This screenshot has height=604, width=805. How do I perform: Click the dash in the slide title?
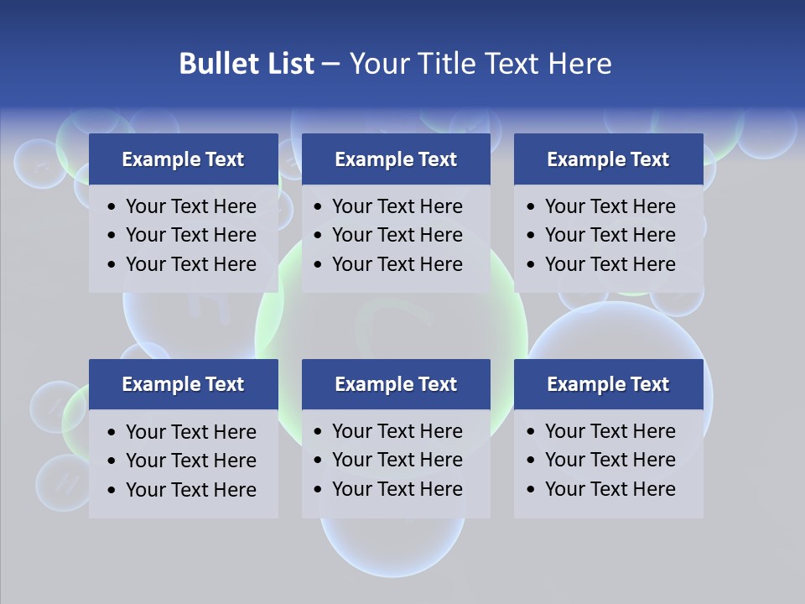pyautogui.click(x=330, y=64)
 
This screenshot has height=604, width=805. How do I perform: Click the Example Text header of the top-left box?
pyautogui.click(x=183, y=159)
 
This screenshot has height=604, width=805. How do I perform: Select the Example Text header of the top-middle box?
pyautogui.click(x=396, y=159)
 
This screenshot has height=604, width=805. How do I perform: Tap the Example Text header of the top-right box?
pyautogui.click(x=608, y=159)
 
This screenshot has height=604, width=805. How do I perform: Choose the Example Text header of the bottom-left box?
pyautogui.click(x=183, y=384)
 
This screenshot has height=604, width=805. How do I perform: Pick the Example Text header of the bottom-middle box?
pyautogui.click(x=396, y=384)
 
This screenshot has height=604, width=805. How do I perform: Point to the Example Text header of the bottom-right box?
pyautogui.click(x=608, y=384)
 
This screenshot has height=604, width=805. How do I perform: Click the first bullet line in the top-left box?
pyautogui.click(x=191, y=206)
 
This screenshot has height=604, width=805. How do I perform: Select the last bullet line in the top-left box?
pyautogui.click(x=191, y=264)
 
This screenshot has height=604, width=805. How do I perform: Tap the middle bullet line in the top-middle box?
pyautogui.click(x=397, y=235)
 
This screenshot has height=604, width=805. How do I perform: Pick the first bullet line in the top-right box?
pyautogui.click(x=610, y=206)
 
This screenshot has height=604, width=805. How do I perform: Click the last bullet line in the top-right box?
pyautogui.click(x=610, y=264)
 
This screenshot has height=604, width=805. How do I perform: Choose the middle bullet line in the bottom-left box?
pyautogui.click(x=191, y=461)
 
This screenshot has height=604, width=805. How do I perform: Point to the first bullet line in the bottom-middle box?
pyautogui.click(x=397, y=431)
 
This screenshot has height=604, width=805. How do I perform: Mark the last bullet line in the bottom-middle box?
pyautogui.click(x=397, y=489)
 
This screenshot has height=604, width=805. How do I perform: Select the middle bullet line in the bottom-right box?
pyautogui.click(x=610, y=460)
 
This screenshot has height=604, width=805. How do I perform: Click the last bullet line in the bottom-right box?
pyautogui.click(x=610, y=489)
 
